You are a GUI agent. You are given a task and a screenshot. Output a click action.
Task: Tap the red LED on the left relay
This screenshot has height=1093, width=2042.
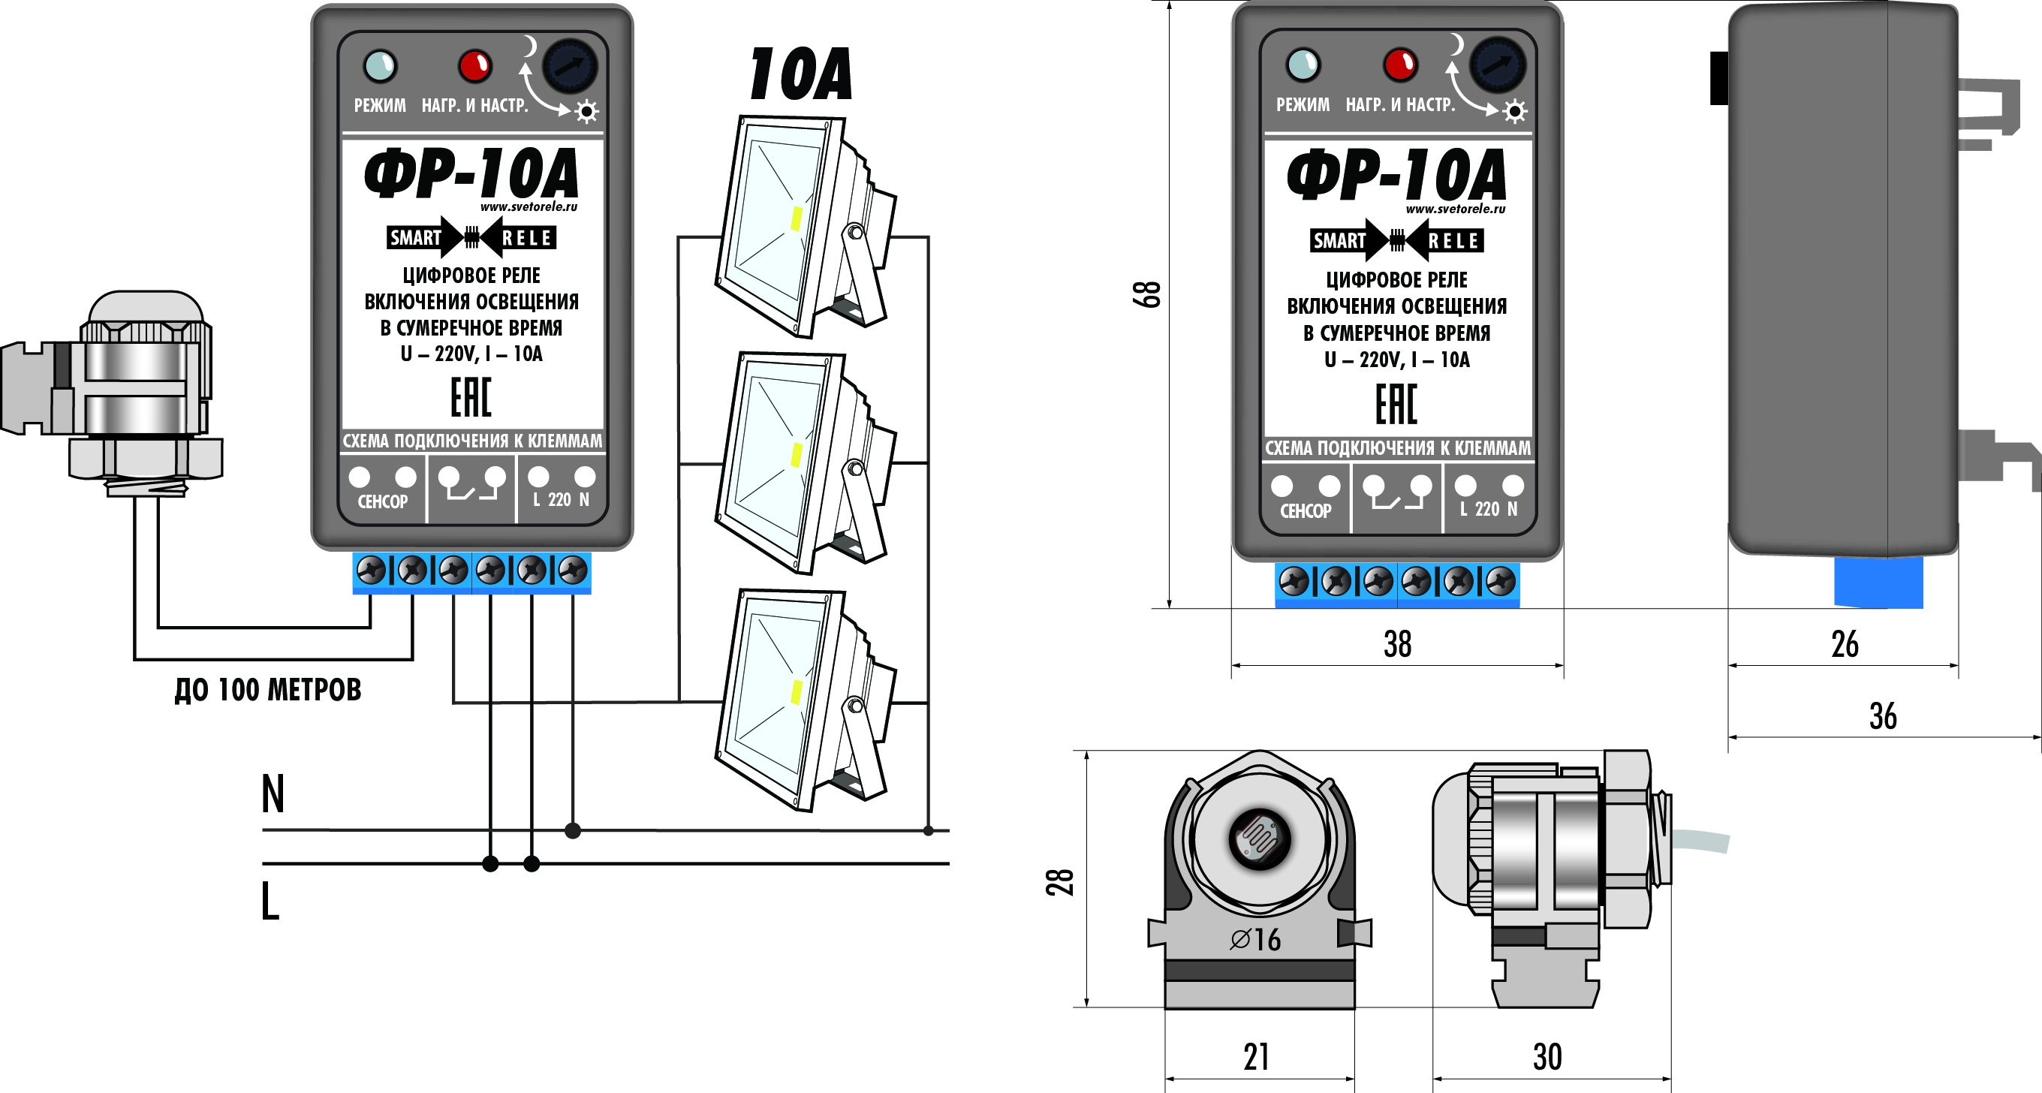point(474,65)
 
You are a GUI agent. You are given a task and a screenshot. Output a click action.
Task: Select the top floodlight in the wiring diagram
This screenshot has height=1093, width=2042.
point(800,226)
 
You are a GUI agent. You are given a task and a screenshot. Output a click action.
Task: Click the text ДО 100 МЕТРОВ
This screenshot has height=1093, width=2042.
point(268,690)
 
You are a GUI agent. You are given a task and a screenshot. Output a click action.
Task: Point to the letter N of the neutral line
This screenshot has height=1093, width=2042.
point(273,793)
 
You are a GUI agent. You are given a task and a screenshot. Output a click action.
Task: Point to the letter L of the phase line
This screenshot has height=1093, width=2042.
point(270,900)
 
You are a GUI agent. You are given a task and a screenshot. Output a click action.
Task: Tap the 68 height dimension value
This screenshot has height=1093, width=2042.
point(1147,294)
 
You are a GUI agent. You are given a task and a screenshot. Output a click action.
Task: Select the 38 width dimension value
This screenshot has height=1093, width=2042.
point(1398,643)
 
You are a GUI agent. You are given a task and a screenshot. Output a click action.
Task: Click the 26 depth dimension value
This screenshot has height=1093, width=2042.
point(1845,643)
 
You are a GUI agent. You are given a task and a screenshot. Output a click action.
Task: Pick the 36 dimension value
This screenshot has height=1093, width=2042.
point(1883,715)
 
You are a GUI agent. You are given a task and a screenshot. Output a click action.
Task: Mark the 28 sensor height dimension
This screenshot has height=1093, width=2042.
point(1060,882)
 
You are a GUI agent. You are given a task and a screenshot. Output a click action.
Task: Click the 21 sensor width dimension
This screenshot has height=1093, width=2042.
point(1257,1056)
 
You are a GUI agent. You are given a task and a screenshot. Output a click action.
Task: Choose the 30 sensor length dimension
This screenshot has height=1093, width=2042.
point(1547,1056)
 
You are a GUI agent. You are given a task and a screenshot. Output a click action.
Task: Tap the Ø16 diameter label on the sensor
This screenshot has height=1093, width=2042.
point(1256,939)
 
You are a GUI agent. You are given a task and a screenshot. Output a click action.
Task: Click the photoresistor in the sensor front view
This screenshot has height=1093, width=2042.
point(1259,838)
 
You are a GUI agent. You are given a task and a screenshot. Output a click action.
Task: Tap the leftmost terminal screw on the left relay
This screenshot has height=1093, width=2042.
point(371,570)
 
